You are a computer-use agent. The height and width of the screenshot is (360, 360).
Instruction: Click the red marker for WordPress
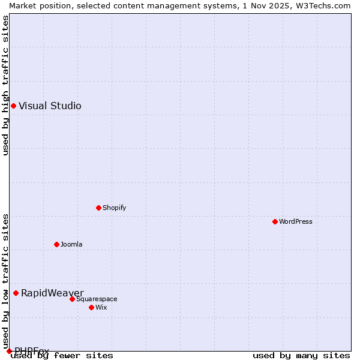(275, 221)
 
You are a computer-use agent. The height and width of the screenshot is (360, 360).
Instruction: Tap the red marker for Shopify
(98, 208)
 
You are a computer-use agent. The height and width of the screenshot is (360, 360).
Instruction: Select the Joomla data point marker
(56, 244)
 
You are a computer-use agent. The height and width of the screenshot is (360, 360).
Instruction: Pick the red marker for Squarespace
(72, 299)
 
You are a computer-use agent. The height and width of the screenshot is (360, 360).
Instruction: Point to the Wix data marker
(91, 307)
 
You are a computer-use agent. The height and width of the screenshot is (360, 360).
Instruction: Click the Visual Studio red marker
(13, 106)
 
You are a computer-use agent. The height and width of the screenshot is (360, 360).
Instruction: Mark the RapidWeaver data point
(16, 293)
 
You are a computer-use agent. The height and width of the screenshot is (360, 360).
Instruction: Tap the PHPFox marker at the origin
(9, 351)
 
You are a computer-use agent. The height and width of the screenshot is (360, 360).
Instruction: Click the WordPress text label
(296, 221)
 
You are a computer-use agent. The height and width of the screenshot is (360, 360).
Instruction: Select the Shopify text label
(114, 208)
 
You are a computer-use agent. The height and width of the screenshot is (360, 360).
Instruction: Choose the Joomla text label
(71, 244)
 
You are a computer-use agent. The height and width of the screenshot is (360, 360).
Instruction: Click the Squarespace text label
(97, 299)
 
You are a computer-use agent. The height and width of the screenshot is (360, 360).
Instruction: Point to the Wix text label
(101, 307)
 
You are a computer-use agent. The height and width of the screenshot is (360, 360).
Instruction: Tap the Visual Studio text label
(50, 106)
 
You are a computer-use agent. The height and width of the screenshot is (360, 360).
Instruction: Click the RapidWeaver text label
(52, 293)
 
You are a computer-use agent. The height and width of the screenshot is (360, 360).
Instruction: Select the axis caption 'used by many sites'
(301, 355)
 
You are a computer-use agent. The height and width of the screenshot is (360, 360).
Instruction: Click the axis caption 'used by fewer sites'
(62, 355)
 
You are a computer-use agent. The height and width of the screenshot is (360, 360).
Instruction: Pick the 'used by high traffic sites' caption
(5, 85)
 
